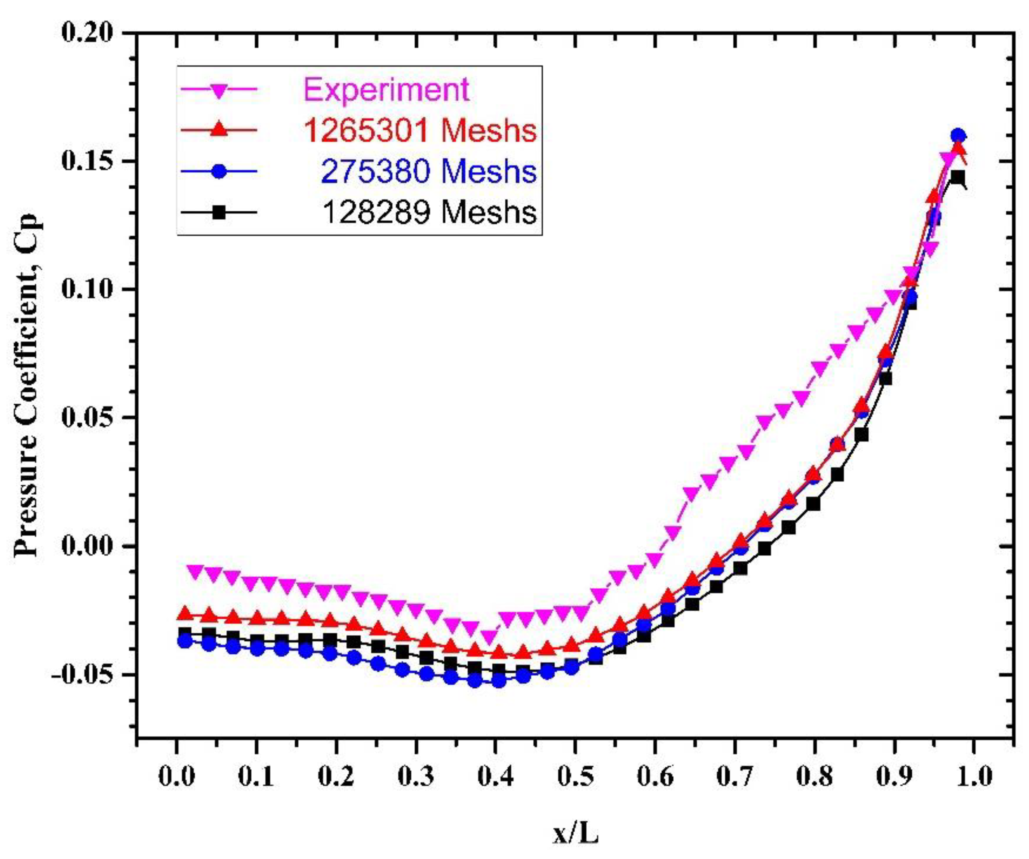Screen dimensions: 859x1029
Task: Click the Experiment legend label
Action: [386, 90]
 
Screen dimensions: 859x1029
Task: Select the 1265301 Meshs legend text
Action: [419, 131]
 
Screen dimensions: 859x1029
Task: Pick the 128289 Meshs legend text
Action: [429, 212]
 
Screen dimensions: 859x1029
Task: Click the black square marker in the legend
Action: [219, 212]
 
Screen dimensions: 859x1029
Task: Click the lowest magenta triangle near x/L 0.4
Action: [489, 637]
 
